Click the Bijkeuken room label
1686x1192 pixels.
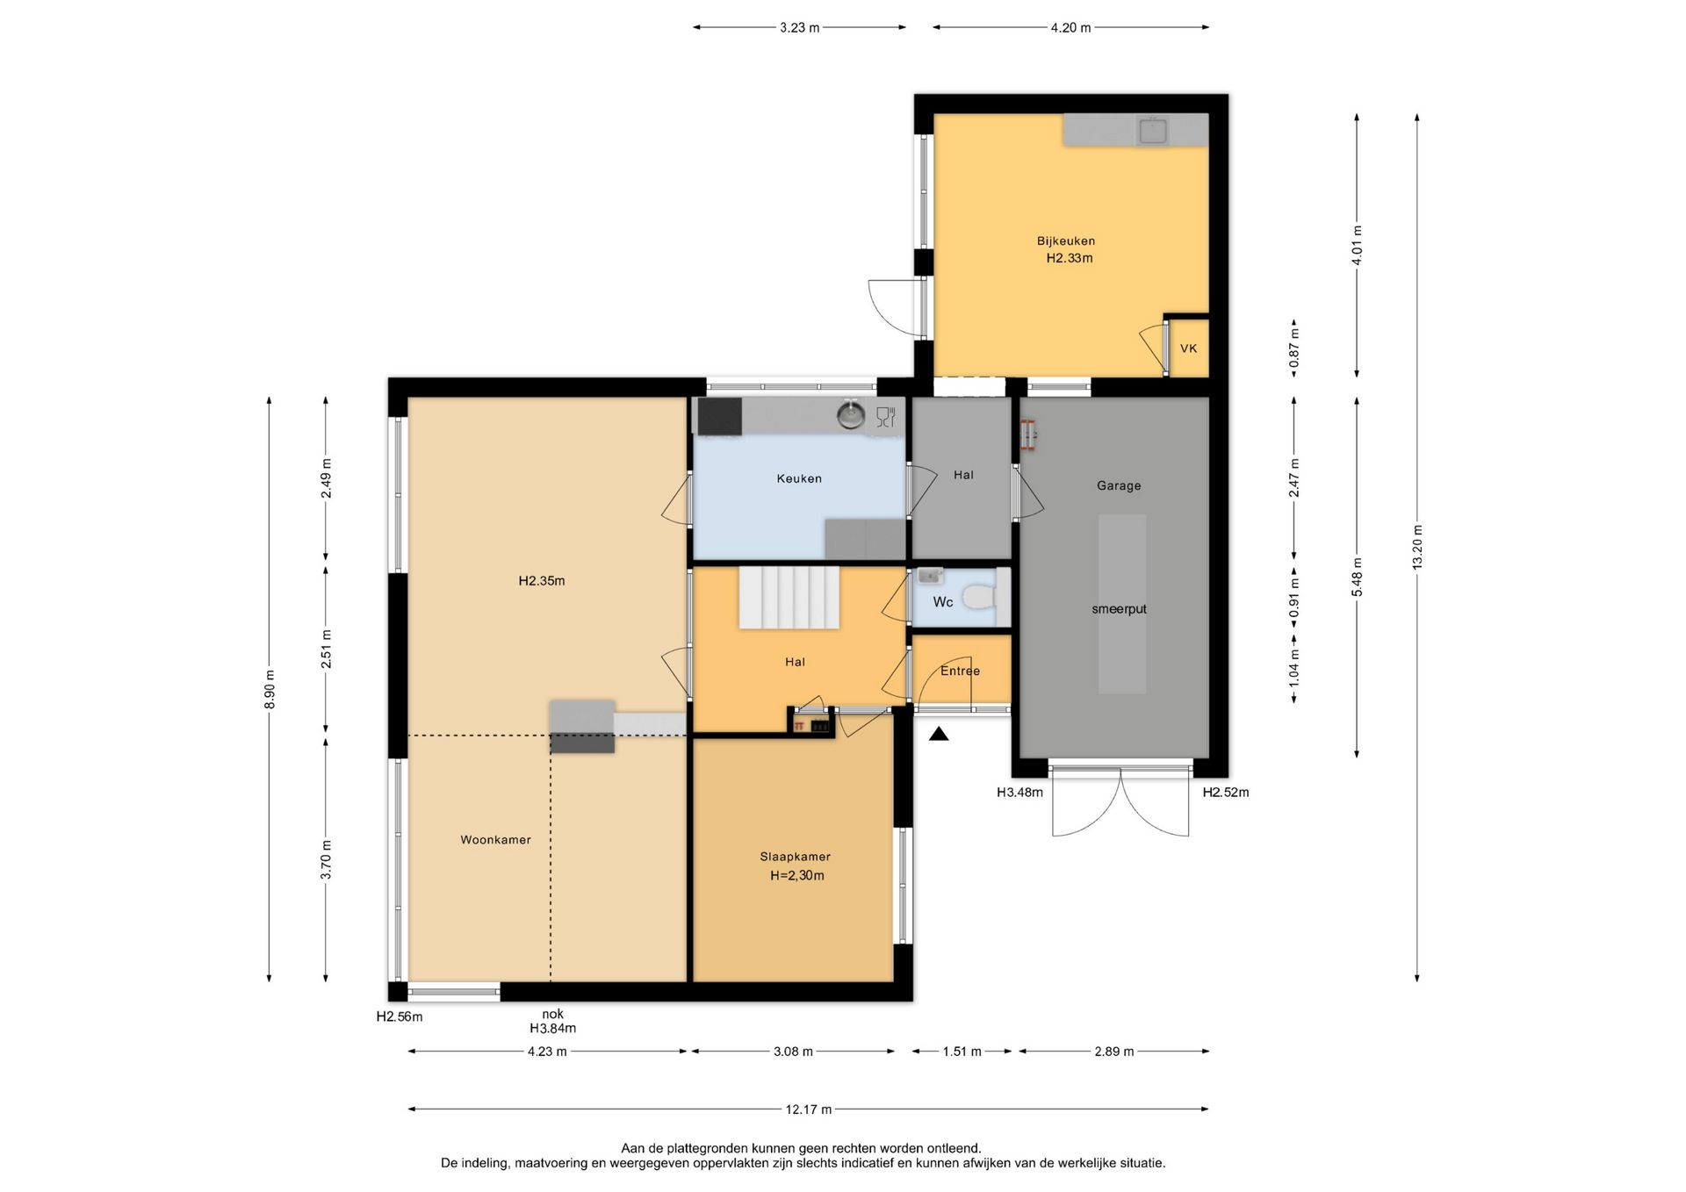(x=1065, y=241)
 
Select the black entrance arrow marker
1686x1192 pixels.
(x=939, y=734)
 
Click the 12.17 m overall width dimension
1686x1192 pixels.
(x=808, y=1109)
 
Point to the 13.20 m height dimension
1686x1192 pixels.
(x=1417, y=547)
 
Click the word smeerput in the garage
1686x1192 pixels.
(x=1119, y=609)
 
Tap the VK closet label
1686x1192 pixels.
(x=1188, y=348)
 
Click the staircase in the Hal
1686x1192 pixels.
(x=789, y=597)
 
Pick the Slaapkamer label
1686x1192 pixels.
(x=795, y=857)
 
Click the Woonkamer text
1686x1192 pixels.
(x=495, y=840)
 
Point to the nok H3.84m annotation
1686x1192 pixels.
(x=552, y=1022)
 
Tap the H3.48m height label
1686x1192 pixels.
(x=1020, y=793)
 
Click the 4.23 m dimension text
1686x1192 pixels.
(x=547, y=1052)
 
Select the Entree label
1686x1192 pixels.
(x=960, y=671)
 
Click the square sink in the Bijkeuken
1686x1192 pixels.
(x=1153, y=131)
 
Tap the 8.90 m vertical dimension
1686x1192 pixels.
(x=270, y=690)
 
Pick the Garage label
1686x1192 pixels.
(x=1119, y=485)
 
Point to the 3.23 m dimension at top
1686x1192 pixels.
(x=799, y=28)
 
